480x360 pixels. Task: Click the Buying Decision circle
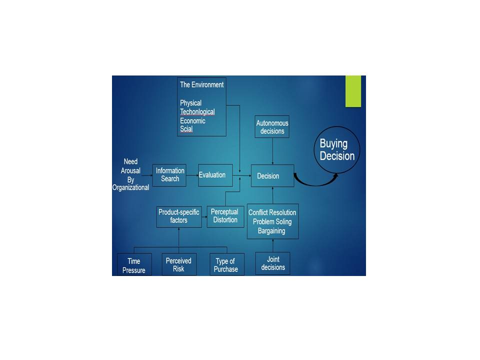[337, 149]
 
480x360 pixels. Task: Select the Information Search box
[169, 175]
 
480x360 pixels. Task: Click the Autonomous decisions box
[272, 127]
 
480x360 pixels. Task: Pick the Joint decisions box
[272, 263]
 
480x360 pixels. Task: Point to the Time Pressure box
[134, 265]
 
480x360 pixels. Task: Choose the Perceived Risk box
[179, 264]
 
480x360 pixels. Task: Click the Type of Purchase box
[226, 264]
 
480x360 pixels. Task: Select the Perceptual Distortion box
[224, 216]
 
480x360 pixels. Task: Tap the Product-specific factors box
[179, 216]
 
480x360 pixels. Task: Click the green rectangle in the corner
[353, 91]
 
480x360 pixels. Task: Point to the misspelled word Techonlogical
[197, 112]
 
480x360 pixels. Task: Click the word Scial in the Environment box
[186, 129]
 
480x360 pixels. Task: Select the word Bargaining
[272, 230]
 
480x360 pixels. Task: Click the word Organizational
[131, 187]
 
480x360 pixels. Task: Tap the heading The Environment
[201, 85]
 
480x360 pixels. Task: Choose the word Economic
[192, 120]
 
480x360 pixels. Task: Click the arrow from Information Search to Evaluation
[192, 175]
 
